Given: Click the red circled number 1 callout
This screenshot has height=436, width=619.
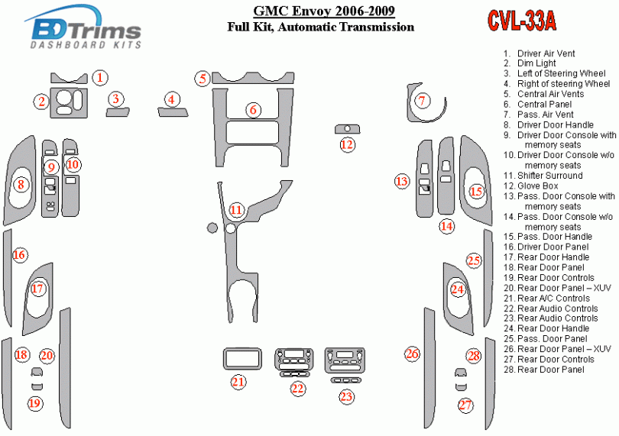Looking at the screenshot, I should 101,77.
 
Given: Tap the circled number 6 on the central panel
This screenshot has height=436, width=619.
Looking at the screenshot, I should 253,110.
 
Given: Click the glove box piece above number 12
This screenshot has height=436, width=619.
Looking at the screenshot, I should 347,129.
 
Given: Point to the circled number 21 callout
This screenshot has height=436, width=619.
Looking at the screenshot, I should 239,381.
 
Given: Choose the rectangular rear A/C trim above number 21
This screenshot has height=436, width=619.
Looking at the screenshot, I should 239,358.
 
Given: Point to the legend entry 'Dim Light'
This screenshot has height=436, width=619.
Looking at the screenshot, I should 536,63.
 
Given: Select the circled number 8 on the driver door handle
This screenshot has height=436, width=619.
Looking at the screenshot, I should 21,183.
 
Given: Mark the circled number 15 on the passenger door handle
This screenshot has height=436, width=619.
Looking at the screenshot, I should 477,191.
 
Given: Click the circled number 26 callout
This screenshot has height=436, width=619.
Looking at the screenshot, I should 413,354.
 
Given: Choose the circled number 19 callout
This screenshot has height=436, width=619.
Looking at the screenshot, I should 35,403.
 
